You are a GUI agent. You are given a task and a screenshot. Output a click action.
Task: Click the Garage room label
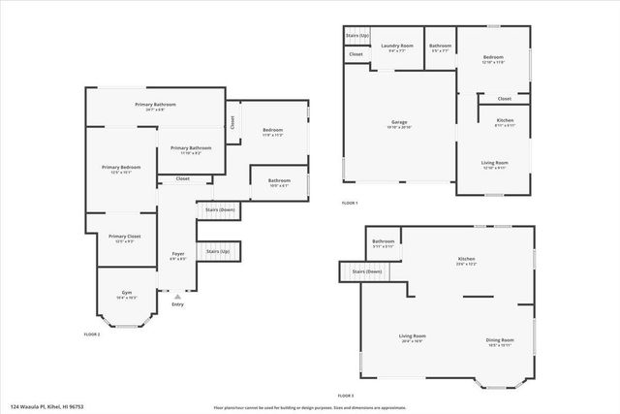click(400, 122)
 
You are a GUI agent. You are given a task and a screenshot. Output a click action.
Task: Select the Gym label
click(126, 292)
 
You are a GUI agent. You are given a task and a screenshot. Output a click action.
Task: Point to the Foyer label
click(178, 254)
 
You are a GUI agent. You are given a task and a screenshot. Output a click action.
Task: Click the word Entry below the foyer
click(177, 304)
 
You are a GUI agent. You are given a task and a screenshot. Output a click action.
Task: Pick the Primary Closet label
click(124, 237)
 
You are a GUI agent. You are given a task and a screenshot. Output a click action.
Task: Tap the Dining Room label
click(500, 339)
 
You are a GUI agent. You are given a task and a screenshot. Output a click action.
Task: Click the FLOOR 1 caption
click(350, 203)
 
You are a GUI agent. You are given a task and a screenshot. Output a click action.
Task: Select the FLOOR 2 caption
click(93, 333)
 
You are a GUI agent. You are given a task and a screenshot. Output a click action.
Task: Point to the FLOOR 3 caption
click(346, 396)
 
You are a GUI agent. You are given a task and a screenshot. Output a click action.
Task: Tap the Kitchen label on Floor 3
click(466, 259)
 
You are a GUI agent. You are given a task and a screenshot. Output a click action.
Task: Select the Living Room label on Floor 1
click(494, 163)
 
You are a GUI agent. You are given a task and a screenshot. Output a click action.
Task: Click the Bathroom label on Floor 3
click(383, 241)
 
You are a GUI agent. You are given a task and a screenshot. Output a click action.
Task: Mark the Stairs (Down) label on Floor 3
click(366, 271)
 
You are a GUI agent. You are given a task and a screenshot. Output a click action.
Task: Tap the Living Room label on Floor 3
click(413, 336)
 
